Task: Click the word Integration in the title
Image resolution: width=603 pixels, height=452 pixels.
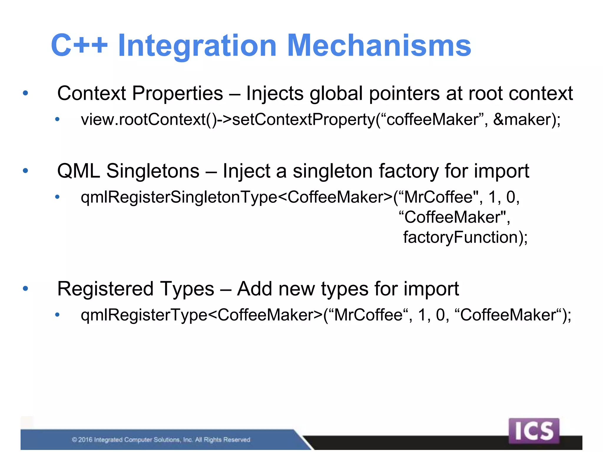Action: [x=197, y=46]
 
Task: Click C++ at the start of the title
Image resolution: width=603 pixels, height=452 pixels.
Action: [x=79, y=46]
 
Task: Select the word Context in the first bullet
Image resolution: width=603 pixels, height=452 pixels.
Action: [x=92, y=94]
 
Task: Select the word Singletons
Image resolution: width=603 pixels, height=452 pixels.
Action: [x=153, y=171]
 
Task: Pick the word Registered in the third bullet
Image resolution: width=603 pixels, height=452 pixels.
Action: [x=105, y=289]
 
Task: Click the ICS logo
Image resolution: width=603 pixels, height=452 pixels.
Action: [x=534, y=431]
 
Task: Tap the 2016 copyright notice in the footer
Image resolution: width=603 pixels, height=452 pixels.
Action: [x=161, y=440]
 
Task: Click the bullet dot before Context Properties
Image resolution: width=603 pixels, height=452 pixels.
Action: [x=26, y=94]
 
